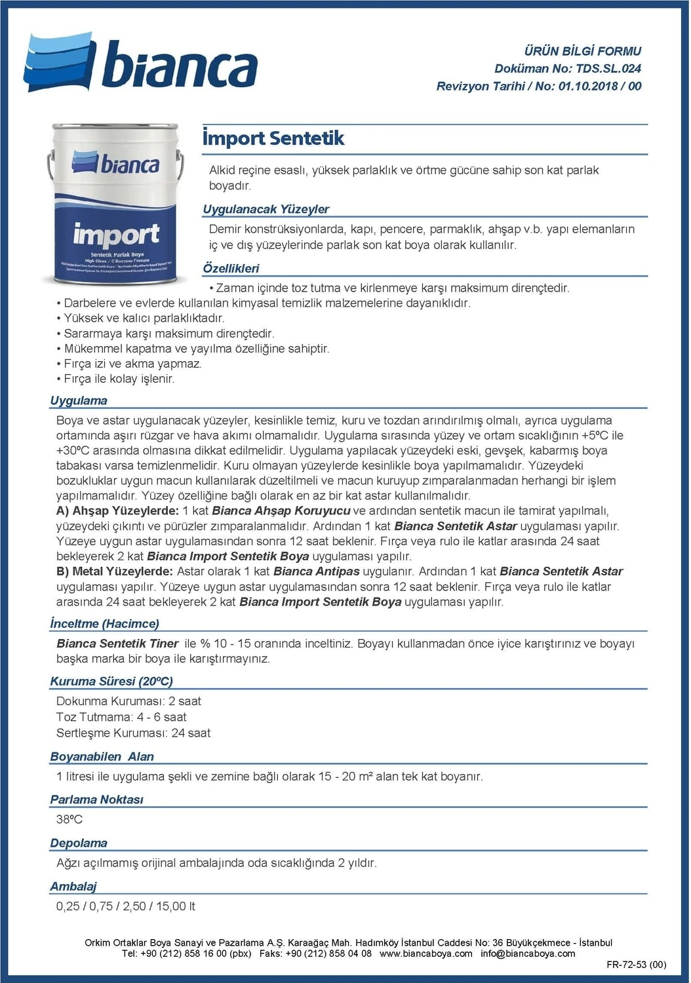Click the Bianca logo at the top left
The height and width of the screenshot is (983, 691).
coord(140,63)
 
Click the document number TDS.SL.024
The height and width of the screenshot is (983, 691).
coord(608,68)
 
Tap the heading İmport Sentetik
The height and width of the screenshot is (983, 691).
coord(273,138)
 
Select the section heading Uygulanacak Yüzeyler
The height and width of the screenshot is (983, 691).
coord(266,209)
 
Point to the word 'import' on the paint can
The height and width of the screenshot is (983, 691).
coord(116,235)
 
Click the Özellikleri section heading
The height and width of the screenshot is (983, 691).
coord(231,268)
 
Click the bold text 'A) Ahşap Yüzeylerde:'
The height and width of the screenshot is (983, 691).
coord(117,511)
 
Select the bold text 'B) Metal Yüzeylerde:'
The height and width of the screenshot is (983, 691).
coord(115,571)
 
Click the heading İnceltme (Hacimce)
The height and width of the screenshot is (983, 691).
coord(104,624)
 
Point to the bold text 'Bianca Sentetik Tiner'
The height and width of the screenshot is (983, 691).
coord(117,644)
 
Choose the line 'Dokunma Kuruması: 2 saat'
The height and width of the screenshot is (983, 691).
coord(128,701)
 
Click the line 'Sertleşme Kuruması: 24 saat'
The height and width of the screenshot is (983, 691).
coord(133,733)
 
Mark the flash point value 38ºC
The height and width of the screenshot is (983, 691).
coord(69,819)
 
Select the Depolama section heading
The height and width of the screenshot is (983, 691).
coord(79,843)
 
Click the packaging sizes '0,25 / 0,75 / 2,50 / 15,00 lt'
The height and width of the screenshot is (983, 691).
coord(125,906)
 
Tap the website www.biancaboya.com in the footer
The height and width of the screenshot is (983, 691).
coord(425,954)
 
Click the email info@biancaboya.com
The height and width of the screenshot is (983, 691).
coord(528,954)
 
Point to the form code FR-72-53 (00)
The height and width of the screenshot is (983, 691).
coord(636,965)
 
